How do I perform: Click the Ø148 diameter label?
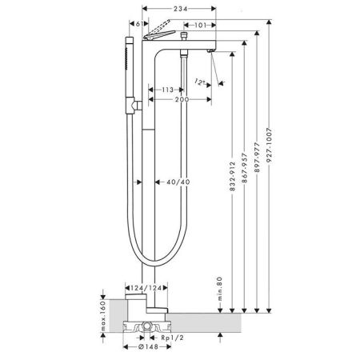[x=143, y=349]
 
